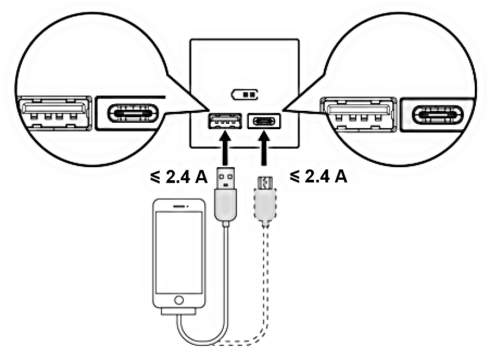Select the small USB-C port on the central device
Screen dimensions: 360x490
[264, 121]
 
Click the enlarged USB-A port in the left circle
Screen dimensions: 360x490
[54, 113]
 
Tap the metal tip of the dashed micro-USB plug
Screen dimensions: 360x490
[264, 182]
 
